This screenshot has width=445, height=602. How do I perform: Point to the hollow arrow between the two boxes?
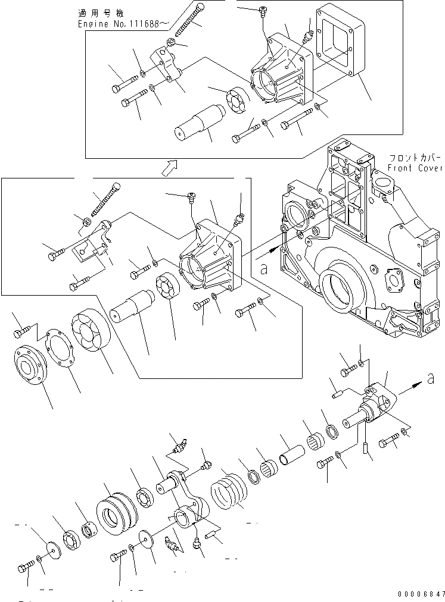(170, 168)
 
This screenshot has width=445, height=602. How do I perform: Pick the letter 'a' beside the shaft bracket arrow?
(431, 377)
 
